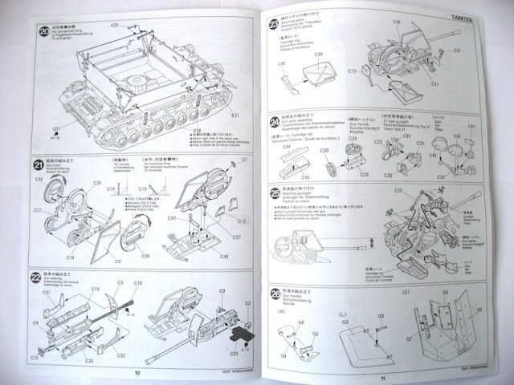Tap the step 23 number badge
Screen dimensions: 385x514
click(275, 25)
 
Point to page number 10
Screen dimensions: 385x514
click(137, 371)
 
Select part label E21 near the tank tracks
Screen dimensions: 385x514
click(236, 115)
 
